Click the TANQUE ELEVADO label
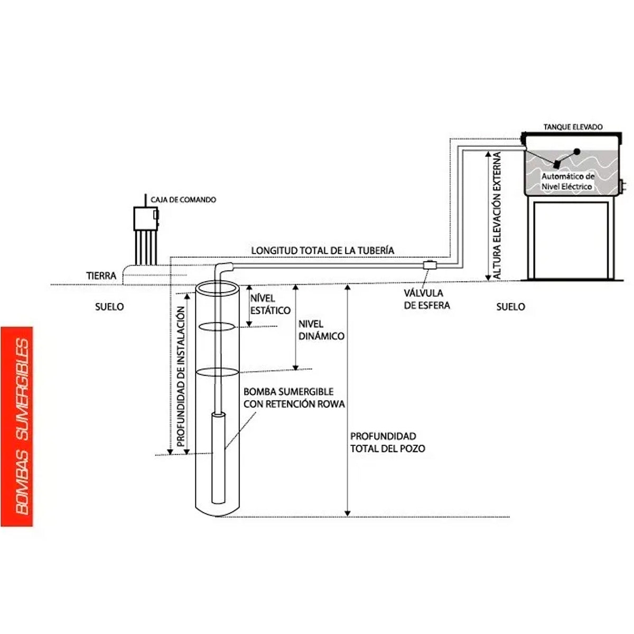pyautogui.click(x=573, y=127)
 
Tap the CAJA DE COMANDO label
pyautogui.click(x=183, y=200)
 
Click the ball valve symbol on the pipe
pyautogui.click(x=430, y=265)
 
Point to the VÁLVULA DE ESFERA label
pyautogui.click(x=427, y=299)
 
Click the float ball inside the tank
pyautogui.click(x=577, y=151)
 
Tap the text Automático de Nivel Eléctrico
pyautogui.click(x=568, y=181)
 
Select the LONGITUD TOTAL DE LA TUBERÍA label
pyautogui.click(x=322, y=250)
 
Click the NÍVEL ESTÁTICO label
pyautogui.click(x=271, y=304)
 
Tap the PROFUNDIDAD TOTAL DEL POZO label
pyautogui.click(x=388, y=442)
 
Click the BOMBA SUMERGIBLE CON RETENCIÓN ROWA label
pyautogui.click(x=294, y=398)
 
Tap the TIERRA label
pyautogui.click(x=101, y=276)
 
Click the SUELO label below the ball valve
pyautogui.click(x=510, y=306)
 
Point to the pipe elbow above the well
pyautogui.click(x=223, y=267)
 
